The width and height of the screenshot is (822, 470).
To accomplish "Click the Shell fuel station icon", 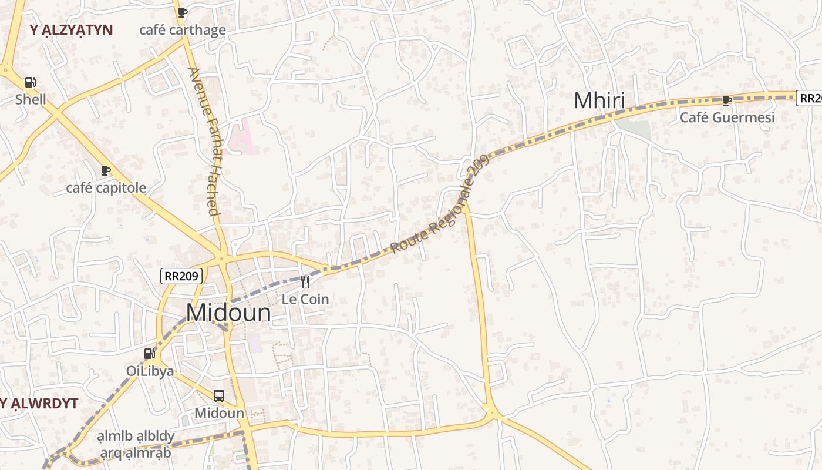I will coord(30,83).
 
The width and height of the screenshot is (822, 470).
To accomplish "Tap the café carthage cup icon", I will coord(183,12).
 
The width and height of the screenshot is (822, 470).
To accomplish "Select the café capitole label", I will coord(106,188).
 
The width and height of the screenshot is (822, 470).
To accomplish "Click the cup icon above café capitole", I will coord(106,171).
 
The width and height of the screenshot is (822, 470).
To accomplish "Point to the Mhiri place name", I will coord(599,101).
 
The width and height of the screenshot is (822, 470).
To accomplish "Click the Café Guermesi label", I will coord(727,117).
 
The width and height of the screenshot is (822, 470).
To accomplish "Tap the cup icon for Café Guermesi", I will coord(727,100).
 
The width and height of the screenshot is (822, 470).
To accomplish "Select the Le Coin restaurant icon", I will coord(305,282).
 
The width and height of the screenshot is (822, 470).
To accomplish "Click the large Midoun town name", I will coord(228,313).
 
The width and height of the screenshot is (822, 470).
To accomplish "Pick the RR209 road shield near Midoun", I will coord(182,276).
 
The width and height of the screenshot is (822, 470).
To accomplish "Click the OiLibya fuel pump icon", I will coord(150,354).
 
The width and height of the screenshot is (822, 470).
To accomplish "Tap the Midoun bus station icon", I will coord(219,396).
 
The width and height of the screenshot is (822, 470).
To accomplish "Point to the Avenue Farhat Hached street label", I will coord(204,141).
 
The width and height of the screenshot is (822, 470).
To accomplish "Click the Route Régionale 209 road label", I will coord(440,205).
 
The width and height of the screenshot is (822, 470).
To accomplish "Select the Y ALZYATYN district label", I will coord(71,30).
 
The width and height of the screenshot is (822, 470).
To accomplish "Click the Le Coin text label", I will coord(305,299).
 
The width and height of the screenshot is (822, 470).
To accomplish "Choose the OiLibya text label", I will coord(150,371).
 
